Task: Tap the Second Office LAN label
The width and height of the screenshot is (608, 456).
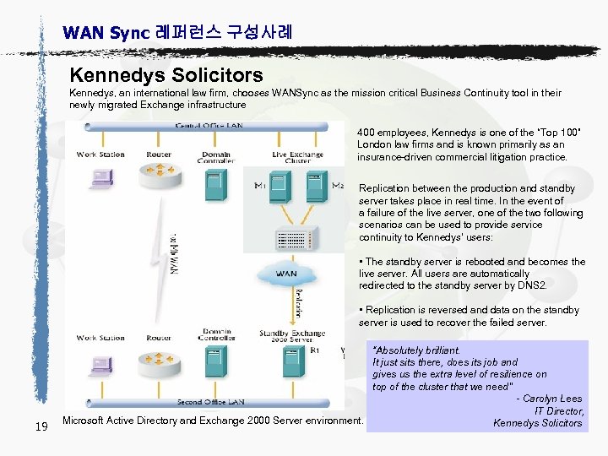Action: coord(211,402)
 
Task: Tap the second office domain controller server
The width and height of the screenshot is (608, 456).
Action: coord(215,363)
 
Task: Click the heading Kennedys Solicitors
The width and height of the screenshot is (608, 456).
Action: coord(166,76)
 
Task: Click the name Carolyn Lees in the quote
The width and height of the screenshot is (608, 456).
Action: coord(552,399)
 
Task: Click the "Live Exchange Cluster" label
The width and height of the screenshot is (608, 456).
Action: coord(296,158)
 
